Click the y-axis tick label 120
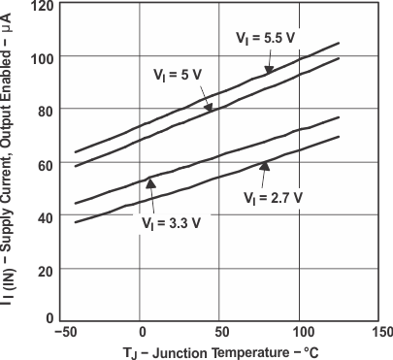pyautogui.click(x=42, y=6)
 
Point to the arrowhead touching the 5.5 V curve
pyautogui.click(x=269, y=69)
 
